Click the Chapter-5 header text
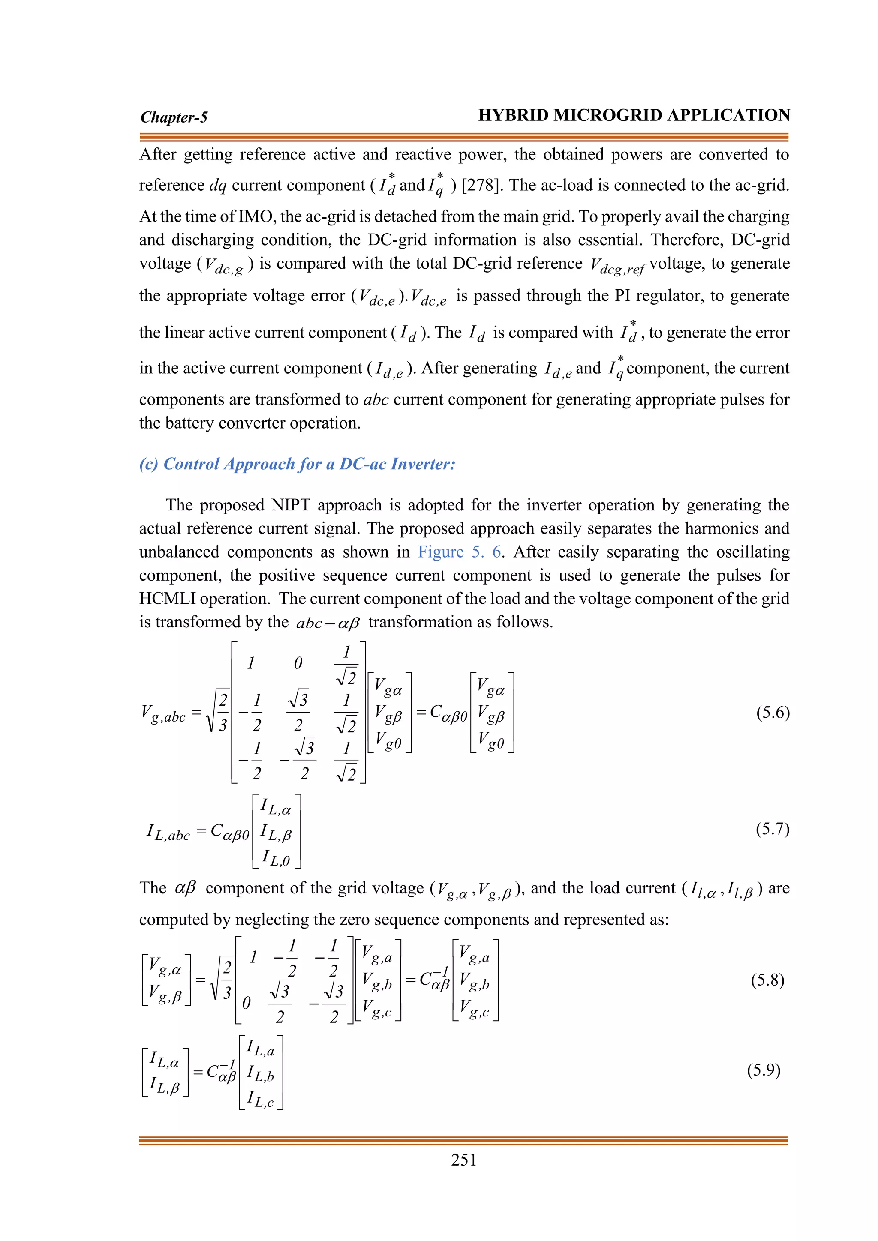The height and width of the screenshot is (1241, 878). click(x=174, y=117)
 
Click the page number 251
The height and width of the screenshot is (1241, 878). click(x=463, y=1160)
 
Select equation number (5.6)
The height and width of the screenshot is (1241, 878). click(x=773, y=712)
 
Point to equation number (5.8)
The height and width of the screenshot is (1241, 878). click(x=767, y=980)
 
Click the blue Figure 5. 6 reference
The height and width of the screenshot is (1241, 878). click(x=460, y=552)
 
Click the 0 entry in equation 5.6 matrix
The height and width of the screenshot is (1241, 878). click(x=298, y=663)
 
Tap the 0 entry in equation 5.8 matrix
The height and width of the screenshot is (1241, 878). click(x=247, y=1003)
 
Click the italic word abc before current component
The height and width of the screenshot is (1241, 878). click(x=376, y=399)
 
